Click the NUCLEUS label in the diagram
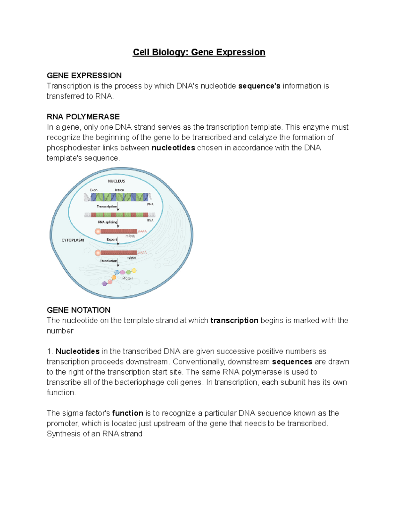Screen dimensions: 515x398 (116, 181)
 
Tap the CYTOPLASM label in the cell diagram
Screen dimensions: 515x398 (73, 240)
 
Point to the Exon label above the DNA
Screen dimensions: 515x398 (94, 190)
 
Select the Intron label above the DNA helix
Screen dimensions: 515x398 (119, 190)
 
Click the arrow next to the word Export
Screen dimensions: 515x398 (118, 241)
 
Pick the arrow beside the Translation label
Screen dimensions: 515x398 (118, 263)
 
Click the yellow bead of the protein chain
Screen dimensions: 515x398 (134, 271)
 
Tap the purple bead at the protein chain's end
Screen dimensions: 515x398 (104, 284)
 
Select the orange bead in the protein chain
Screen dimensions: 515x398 (114, 278)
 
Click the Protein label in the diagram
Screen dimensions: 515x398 (128, 278)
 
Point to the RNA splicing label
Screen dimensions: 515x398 (107, 222)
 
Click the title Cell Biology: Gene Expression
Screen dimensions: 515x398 (199, 52)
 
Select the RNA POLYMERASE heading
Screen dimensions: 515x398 (83, 117)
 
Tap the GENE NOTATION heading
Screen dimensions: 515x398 (79, 310)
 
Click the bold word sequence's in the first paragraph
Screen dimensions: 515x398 (259, 86)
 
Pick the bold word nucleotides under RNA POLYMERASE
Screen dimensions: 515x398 (173, 148)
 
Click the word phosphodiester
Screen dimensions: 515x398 (73, 148)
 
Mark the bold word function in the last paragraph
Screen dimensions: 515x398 (128, 413)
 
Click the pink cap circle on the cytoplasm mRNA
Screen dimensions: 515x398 (98, 253)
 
